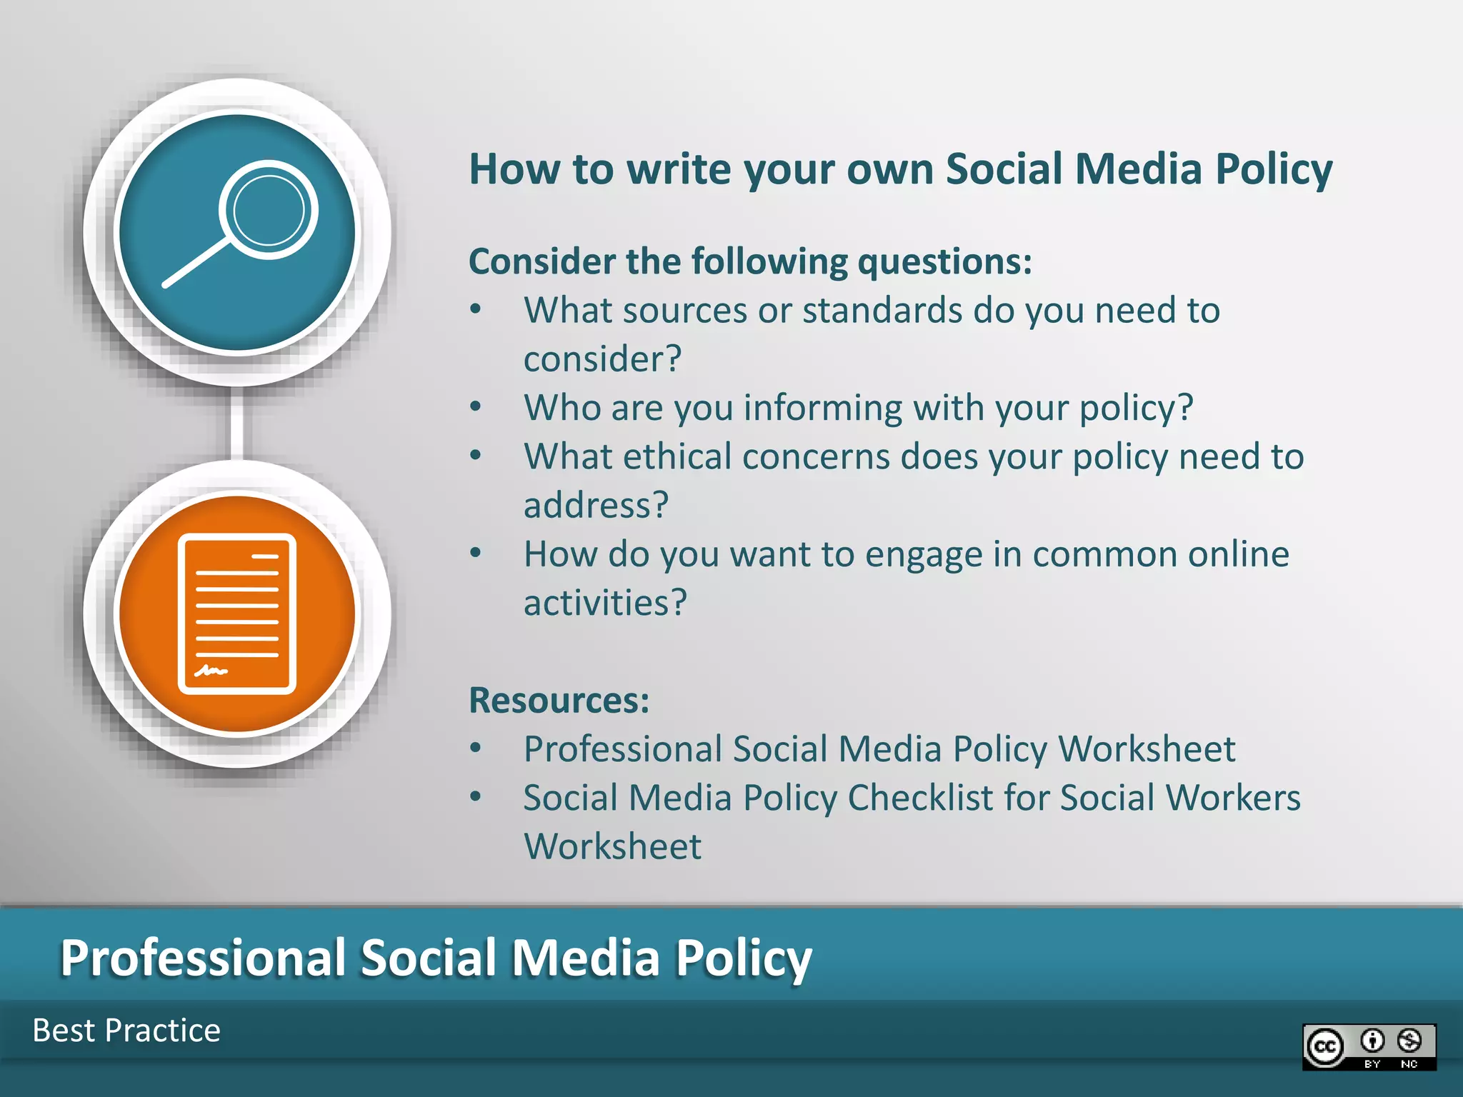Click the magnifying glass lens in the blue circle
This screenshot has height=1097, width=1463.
269,210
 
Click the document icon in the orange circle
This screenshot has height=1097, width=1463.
237,613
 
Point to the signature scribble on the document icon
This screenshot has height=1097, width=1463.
211,671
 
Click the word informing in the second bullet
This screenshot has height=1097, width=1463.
824,408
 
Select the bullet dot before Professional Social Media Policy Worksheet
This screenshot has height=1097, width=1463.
476,748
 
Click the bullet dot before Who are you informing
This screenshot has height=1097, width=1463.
476,407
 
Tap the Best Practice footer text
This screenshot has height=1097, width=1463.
126,1031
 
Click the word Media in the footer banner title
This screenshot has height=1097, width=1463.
586,958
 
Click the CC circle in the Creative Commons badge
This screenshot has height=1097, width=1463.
1325,1047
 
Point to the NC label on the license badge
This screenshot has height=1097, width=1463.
1409,1064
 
